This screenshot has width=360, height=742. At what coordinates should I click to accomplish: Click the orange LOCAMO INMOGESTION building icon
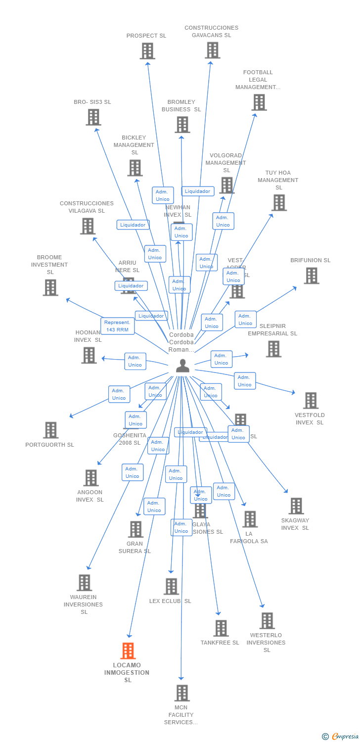click(128, 650)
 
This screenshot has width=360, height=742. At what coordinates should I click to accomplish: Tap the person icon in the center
click(182, 366)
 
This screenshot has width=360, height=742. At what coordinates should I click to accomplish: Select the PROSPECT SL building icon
click(147, 51)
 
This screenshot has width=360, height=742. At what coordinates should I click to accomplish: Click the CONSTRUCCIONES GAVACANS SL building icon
click(212, 50)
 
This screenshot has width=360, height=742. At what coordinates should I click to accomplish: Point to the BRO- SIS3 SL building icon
click(93, 117)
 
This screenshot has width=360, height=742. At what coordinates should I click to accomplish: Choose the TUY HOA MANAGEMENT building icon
click(279, 202)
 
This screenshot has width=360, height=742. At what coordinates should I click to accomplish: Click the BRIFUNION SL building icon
click(311, 276)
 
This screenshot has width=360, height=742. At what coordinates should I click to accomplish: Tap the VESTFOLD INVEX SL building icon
click(311, 400)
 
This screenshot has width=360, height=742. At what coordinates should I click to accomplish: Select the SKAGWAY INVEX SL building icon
click(296, 506)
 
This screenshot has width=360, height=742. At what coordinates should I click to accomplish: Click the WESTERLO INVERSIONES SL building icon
click(267, 620)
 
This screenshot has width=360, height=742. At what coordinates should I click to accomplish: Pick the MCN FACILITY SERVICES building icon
click(182, 693)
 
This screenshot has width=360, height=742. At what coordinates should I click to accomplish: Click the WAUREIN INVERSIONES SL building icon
click(84, 582)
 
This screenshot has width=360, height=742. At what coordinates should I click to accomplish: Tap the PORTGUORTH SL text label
click(49, 445)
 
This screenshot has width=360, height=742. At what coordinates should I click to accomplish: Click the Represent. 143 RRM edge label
click(118, 326)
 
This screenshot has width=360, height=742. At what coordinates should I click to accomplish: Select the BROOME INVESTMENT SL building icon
click(50, 287)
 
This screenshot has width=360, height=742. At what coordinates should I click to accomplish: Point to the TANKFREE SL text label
click(220, 643)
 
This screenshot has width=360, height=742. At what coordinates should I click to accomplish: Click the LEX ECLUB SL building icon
click(171, 586)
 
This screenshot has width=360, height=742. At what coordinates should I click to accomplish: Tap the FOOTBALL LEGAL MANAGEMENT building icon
click(259, 102)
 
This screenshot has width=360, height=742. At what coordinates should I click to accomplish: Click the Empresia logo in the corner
click(341, 737)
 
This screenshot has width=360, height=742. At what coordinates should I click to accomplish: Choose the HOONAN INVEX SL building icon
click(89, 355)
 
